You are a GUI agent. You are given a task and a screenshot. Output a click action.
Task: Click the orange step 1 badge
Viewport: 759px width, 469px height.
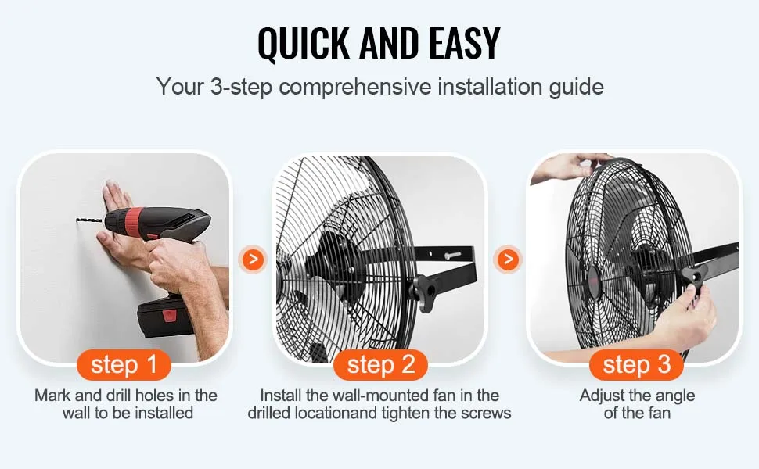[x=124, y=364]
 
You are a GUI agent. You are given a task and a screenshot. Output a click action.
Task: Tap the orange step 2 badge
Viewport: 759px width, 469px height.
[x=380, y=364]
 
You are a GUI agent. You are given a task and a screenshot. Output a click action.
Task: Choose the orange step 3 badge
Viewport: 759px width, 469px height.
[x=637, y=364]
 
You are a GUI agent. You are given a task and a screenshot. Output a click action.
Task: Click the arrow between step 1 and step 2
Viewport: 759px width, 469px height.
[x=252, y=259]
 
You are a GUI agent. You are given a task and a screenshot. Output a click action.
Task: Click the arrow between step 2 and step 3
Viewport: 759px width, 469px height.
[x=509, y=259]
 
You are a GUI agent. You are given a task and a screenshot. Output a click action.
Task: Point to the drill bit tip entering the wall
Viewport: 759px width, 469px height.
[x=79, y=221]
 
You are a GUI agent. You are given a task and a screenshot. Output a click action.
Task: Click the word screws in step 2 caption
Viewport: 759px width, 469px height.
[x=488, y=413]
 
